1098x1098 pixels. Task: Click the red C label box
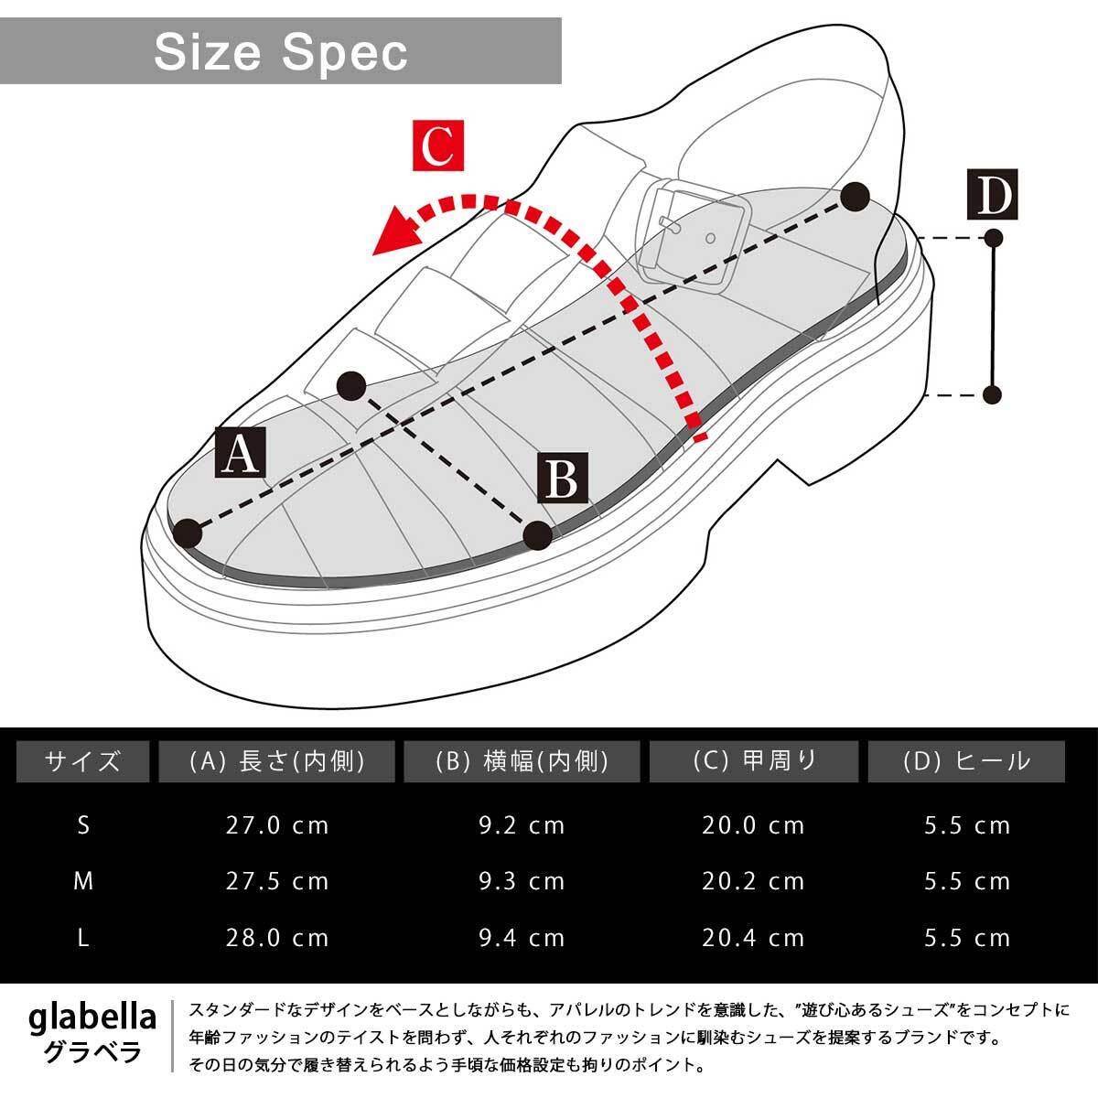(x=438, y=145)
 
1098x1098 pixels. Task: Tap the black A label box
(x=241, y=452)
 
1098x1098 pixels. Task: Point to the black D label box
(x=992, y=195)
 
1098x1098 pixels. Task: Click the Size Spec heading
(x=280, y=52)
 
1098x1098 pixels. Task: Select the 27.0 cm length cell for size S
(x=276, y=825)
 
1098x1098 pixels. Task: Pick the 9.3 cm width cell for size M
(x=522, y=881)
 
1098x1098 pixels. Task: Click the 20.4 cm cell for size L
(x=753, y=938)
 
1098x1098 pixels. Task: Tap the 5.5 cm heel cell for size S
(x=966, y=825)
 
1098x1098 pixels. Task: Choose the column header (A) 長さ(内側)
(x=276, y=761)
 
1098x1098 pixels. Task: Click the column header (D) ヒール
(x=966, y=761)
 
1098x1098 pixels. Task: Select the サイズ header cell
(x=82, y=761)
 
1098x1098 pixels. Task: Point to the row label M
(x=83, y=881)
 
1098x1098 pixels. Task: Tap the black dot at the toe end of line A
(x=188, y=533)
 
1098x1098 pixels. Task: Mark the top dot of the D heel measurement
(x=993, y=239)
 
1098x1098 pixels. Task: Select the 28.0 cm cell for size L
(x=276, y=938)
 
